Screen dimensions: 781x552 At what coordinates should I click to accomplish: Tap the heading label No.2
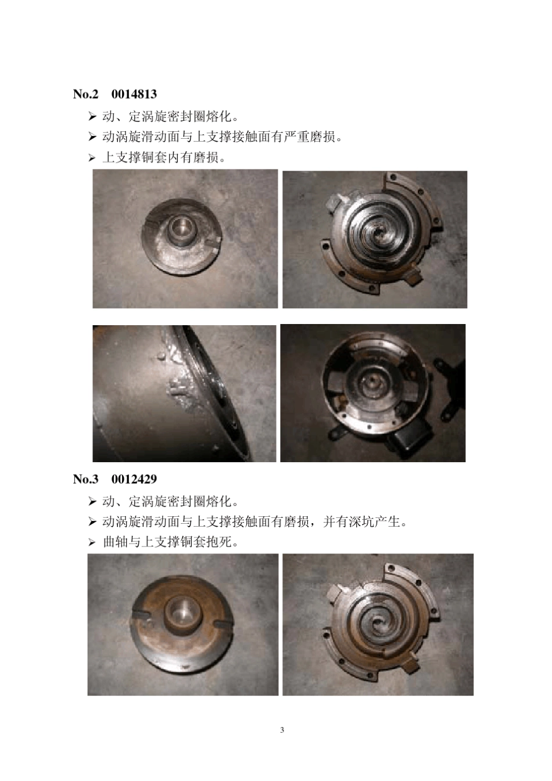pyautogui.click(x=86, y=94)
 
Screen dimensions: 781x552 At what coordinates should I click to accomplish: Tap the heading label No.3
pyautogui.click(x=86, y=479)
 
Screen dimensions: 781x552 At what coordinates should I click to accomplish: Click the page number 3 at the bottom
pyautogui.click(x=282, y=730)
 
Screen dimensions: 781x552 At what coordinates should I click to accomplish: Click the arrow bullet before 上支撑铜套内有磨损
pyautogui.click(x=92, y=158)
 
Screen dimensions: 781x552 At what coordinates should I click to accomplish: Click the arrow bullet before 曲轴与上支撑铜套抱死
pyautogui.click(x=92, y=543)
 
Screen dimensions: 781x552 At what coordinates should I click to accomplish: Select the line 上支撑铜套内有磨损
pyautogui.click(x=164, y=157)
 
